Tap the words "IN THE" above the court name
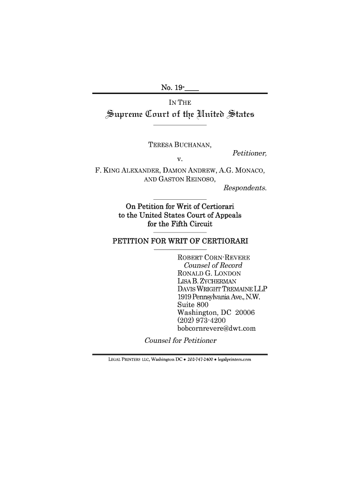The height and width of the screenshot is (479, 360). [x=180, y=102]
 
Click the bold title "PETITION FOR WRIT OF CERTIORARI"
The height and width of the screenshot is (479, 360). [x=180, y=241]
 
